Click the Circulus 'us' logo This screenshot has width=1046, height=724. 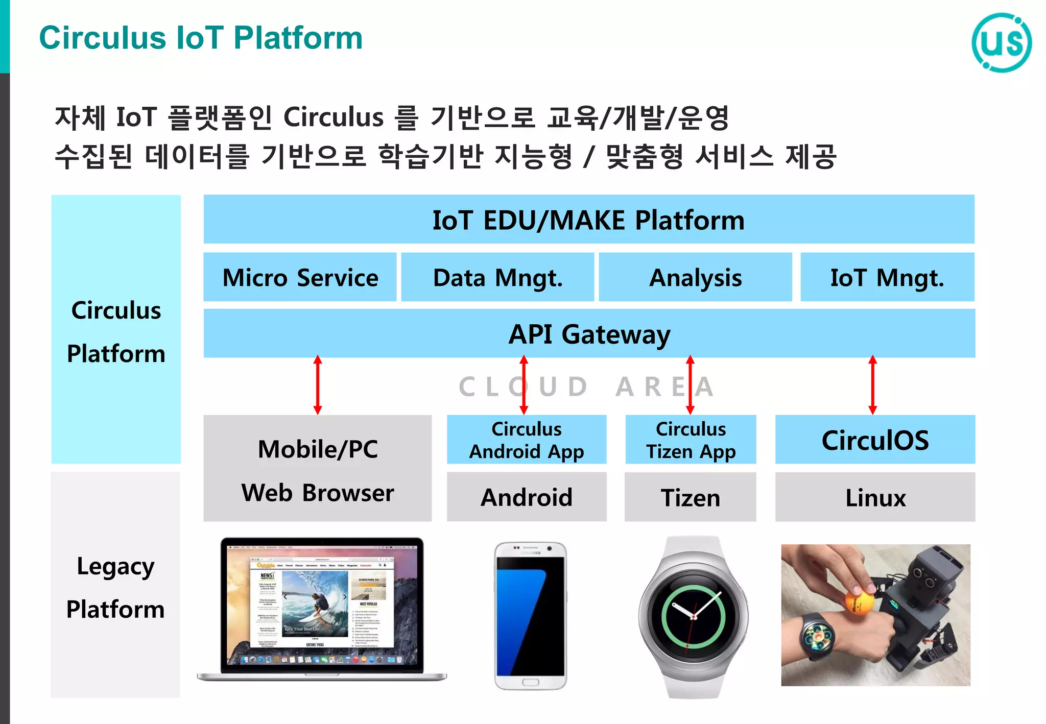pyautogui.click(x=1001, y=42)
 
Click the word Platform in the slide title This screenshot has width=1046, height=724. pyautogui.click(x=298, y=38)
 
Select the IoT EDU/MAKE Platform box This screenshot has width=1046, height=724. pyautogui.click(x=588, y=220)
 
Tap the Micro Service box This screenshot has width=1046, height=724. pyautogui.click(x=300, y=277)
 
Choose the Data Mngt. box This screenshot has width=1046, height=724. pyautogui.click(x=497, y=277)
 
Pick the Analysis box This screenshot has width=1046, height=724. pyautogui.click(x=695, y=277)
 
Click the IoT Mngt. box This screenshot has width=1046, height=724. pyautogui.click(x=887, y=277)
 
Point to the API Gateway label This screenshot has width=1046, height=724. pyautogui.click(x=589, y=334)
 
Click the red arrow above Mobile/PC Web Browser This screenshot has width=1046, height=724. pyautogui.click(x=318, y=385)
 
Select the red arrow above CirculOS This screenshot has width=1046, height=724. pyautogui.click(x=872, y=385)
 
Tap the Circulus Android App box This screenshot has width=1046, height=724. pyautogui.click(x=526, y=440)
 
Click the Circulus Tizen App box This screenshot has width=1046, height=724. pyautogui.click(x=691, y=440)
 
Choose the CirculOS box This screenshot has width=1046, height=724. pyautogui.click(x=875, y=440)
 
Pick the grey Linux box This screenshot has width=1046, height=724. pyautogui.click(x=875, y=497)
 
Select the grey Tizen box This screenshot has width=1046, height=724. pyautogui.click(x=691, y=497)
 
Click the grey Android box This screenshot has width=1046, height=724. pyautogui.click(x=526, y=497)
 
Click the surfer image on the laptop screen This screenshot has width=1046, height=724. pyautogui.click(x=314, y=602)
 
